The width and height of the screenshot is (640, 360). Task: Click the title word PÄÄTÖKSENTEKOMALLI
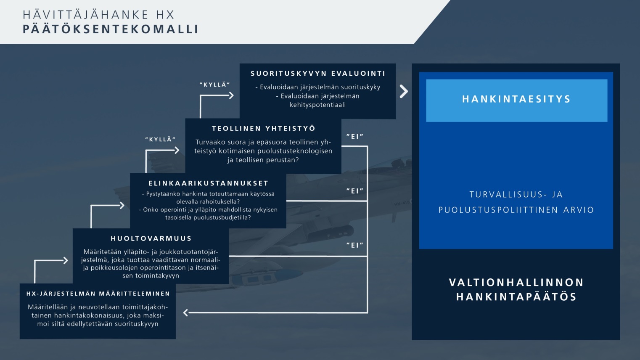coord(110,29)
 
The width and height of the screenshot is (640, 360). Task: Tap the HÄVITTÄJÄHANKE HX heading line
coord(98,15)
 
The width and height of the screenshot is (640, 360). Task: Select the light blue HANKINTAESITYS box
coord(516,101)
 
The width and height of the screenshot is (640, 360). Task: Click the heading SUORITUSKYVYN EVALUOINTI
coord(318,74)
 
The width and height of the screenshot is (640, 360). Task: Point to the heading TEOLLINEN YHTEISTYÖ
coord(263,128)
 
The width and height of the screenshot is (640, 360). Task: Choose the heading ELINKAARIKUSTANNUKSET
coord(208,183)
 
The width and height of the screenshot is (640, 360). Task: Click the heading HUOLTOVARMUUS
coord(151,238)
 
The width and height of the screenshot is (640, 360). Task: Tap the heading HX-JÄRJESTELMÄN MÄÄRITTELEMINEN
coord(98,294)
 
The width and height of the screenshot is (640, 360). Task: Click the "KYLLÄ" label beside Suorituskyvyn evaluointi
coord(215,85)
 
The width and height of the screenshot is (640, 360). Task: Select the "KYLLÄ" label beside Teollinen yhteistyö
coord(160,140)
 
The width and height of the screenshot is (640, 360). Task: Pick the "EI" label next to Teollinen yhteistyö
coord(354,137)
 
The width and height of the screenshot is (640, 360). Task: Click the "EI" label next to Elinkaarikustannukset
coord(354,191)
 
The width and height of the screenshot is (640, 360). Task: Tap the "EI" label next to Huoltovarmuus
coord(354,245)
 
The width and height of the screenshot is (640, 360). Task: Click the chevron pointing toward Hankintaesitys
coord(404,91)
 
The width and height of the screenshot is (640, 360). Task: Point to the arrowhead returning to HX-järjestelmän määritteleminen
coord(186,312)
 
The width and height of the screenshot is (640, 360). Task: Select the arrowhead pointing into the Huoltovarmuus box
coord(66,260)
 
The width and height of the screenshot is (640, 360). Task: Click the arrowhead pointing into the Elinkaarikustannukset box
coord(122,205)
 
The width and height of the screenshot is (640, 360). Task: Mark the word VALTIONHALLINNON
coord(516,283)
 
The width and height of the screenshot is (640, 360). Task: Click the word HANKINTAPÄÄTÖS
coord(516,297)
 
